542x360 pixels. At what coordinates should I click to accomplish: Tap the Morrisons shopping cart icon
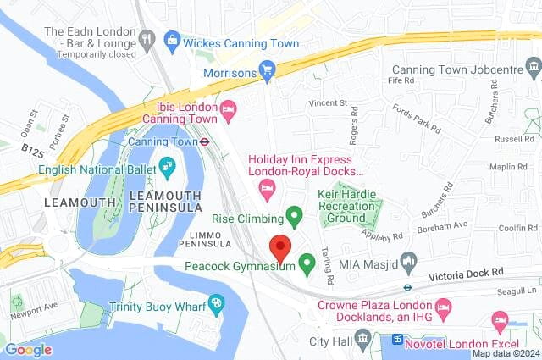[268, 71]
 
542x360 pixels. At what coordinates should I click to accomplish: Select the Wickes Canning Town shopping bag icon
[173, 38]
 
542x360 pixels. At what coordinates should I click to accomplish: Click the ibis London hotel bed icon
[228, 110]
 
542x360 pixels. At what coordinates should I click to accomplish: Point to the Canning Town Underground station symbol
[205, 141]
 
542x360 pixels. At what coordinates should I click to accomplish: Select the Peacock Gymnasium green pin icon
[307, 265]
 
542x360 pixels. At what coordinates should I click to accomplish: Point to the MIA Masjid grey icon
[409, 264]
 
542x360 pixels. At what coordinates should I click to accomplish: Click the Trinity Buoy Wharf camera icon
[218, 302]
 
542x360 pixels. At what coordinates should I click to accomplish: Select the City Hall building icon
[364, 341]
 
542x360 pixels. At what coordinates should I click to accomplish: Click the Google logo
[29, 349]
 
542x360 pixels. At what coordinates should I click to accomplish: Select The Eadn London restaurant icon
[148, 38]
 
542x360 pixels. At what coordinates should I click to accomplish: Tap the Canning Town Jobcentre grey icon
[533, 67]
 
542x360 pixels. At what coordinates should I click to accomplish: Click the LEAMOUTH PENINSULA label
[166, 202]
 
